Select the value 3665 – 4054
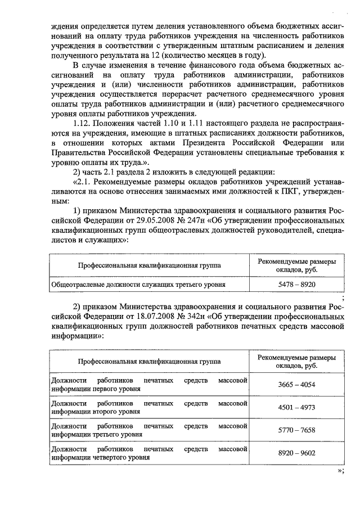click(296, 385)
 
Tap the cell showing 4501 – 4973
click(296, 408)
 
